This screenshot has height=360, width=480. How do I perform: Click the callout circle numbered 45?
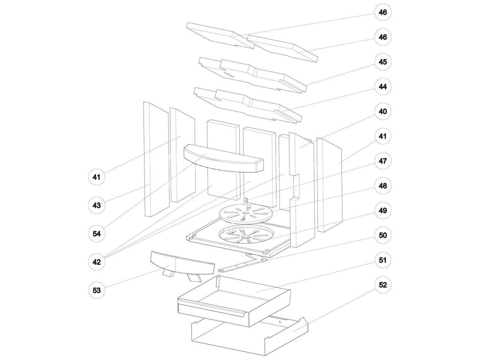click(382, 62)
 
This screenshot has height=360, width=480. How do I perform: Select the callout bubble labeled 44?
click(382, 87)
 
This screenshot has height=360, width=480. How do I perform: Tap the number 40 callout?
click(382, 111)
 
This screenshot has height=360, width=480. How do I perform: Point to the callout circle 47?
click(382, 161)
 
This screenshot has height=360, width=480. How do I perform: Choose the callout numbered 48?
click(382, 186)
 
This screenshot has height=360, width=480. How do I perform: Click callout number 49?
click(382, 210)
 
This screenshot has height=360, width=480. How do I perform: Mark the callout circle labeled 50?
click(382, 235)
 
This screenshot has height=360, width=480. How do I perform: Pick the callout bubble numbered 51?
click(382, 260)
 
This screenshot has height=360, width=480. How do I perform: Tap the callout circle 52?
click(382, 285)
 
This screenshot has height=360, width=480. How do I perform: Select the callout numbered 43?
click(97, 205)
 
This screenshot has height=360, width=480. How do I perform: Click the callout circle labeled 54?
click(97, 234)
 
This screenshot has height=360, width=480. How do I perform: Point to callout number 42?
click(97, 262)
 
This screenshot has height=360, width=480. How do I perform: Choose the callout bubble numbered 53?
click(97, 290)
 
